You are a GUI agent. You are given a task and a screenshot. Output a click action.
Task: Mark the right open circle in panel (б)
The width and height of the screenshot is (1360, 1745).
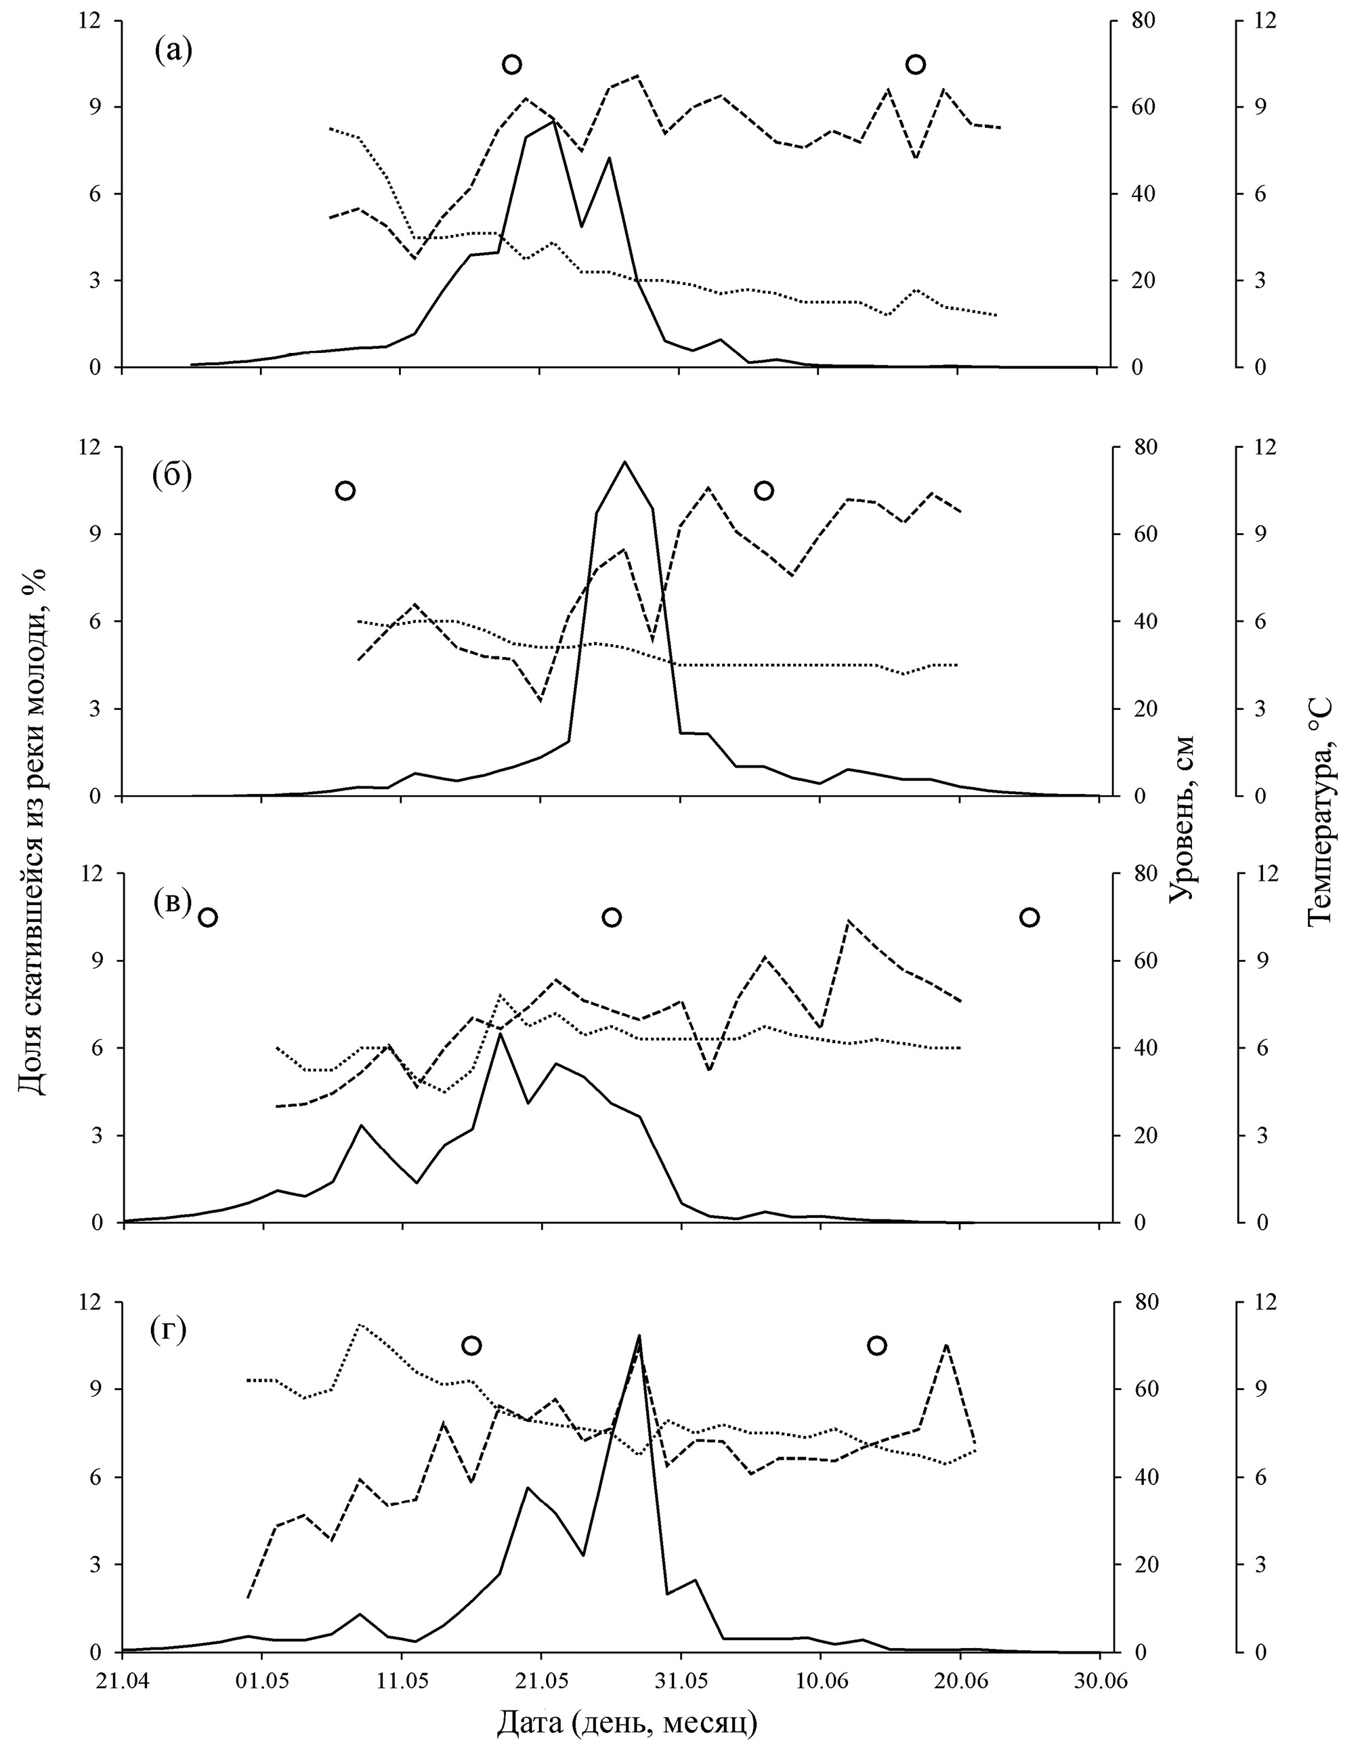[764, 490]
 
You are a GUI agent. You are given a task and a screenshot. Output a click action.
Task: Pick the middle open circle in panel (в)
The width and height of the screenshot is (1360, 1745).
[612, 917]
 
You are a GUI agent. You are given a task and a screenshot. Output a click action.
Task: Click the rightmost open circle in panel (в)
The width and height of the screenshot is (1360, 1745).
[1030, 917]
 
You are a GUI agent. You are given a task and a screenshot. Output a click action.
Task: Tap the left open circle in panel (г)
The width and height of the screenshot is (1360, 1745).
[471, 1345]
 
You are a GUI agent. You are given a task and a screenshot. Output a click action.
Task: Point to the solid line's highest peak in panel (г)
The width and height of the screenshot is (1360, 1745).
[639, 1336]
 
